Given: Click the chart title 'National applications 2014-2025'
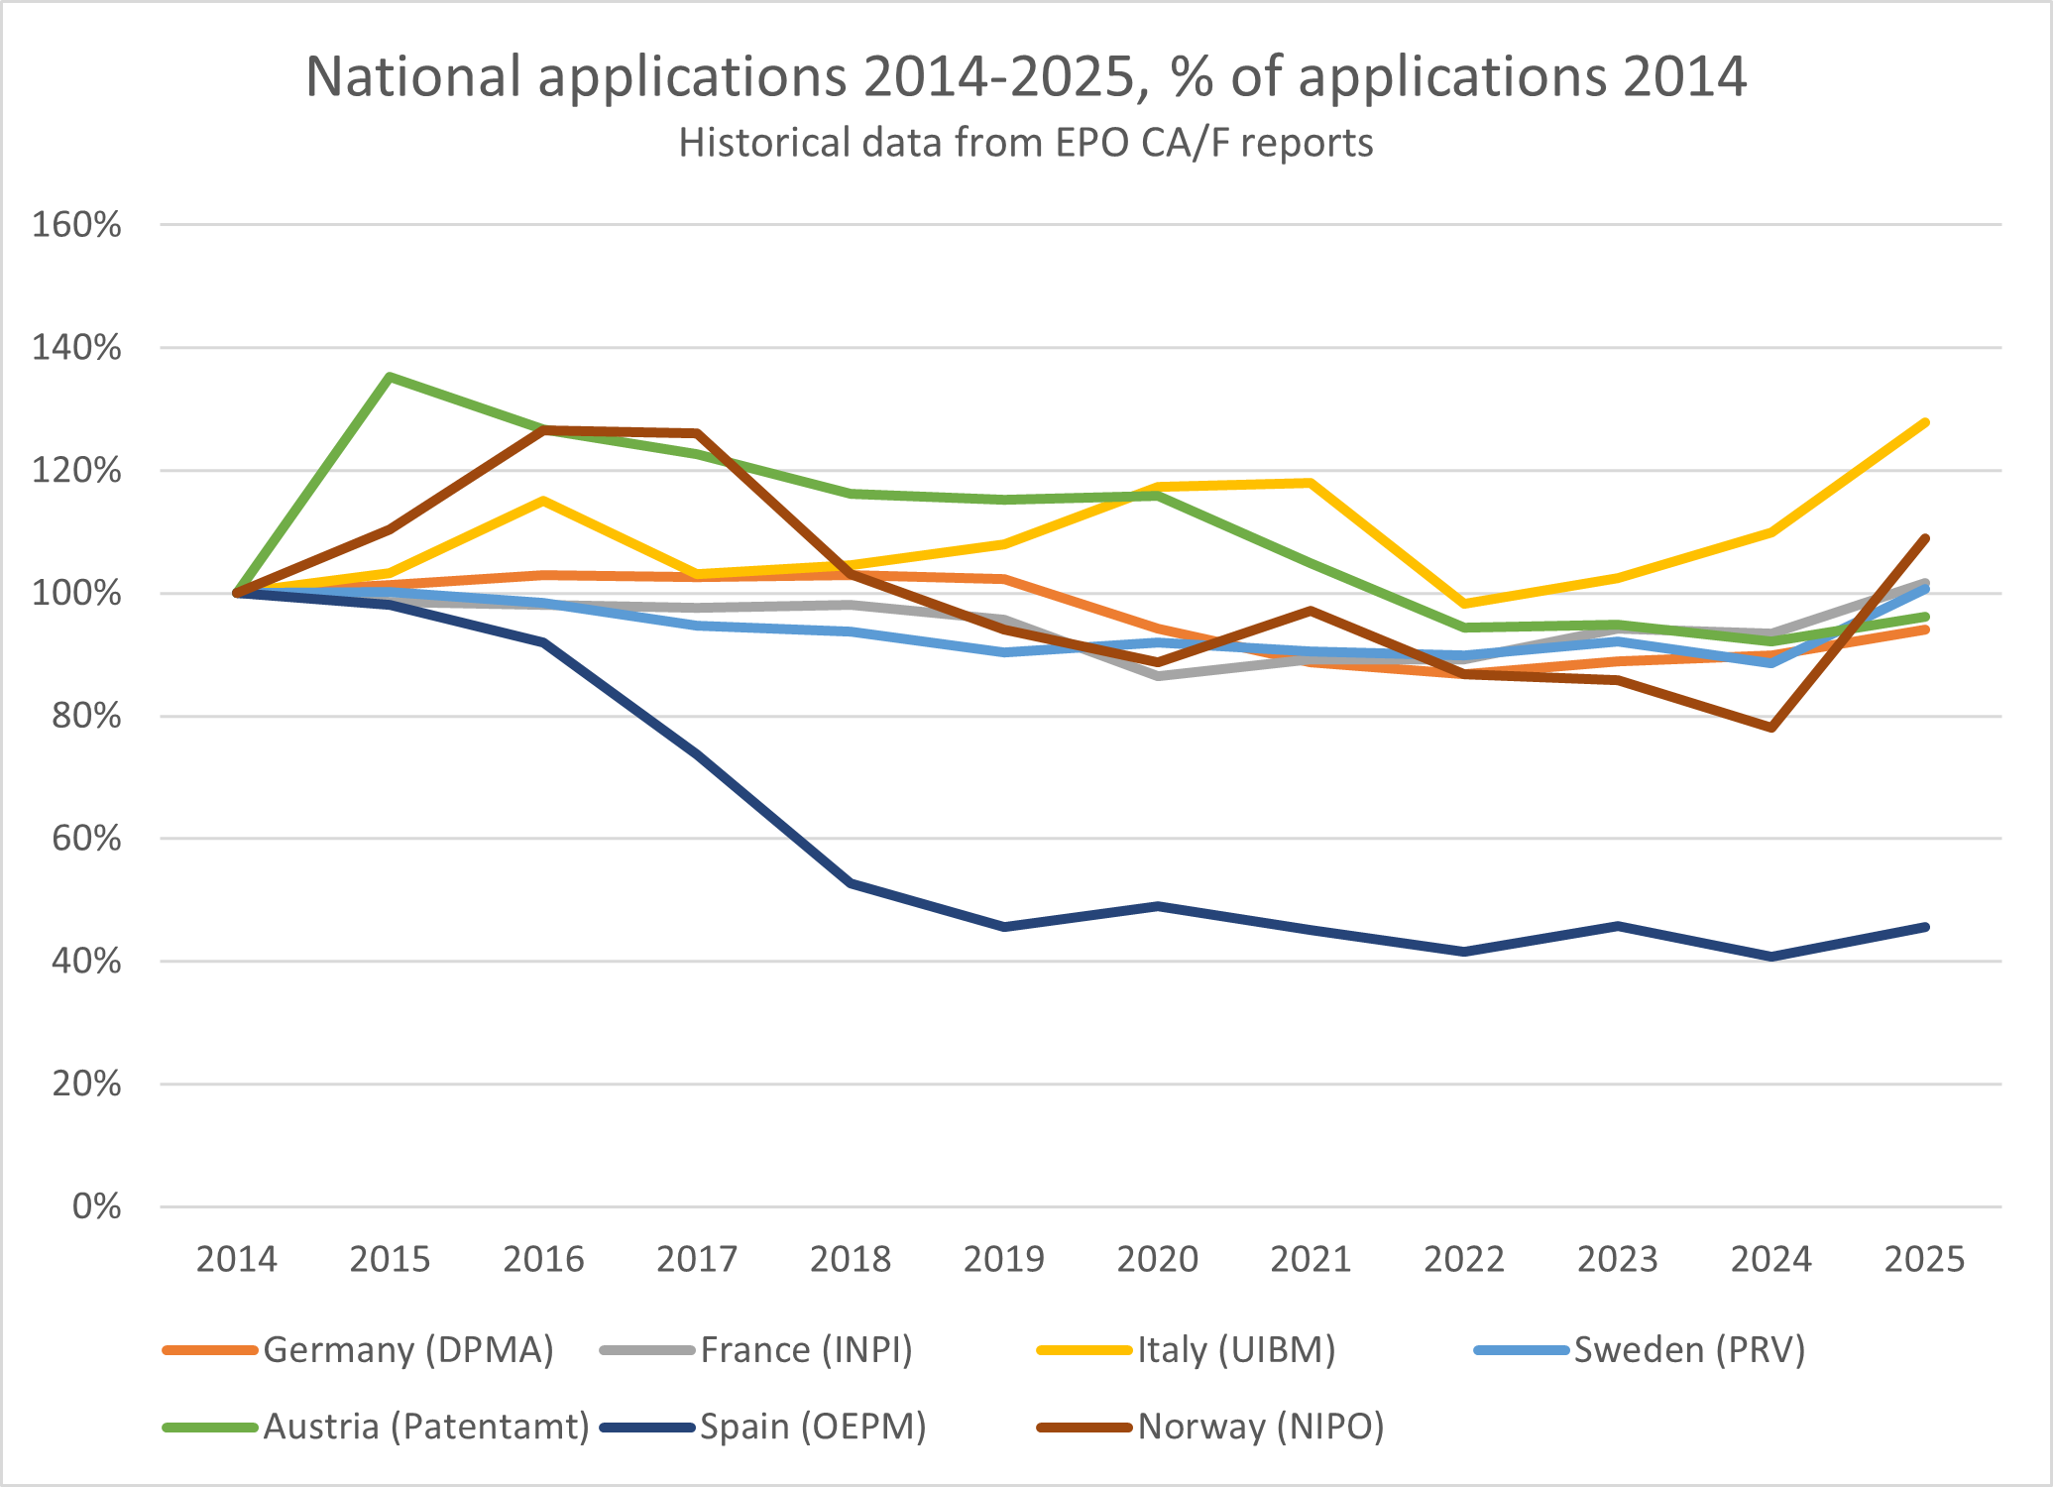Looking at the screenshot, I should [1026, 76].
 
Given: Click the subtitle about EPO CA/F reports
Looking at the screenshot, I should [1026, 143].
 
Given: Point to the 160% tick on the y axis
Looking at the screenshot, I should [77, 225].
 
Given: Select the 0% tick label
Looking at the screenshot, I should [96, 1206].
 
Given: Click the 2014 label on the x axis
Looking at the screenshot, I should [236, 1259].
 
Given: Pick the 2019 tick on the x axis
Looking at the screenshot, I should [1004, 1259].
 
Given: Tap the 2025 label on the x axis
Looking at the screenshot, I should [1924, 1259].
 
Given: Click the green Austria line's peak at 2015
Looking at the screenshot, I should [391, 377].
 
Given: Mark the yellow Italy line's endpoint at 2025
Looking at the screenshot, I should [1925, 423].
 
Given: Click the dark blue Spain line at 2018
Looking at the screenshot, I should [851, 882].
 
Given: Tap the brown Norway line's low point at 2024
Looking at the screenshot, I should [1771, 728].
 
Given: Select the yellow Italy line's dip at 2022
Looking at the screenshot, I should [1464, 603].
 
